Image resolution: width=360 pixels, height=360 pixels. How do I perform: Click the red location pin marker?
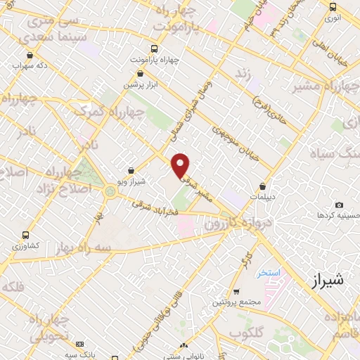coord(181,165)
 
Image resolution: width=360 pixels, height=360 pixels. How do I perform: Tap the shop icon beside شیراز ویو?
coord(131,169)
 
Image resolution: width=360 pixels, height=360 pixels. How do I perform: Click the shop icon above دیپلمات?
coord(262,187)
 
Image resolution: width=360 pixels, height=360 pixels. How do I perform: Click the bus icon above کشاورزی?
coord(26,236)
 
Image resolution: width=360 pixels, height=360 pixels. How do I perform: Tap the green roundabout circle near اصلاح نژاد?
coord(110,191)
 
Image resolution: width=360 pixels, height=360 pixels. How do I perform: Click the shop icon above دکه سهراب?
coord(29,54)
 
